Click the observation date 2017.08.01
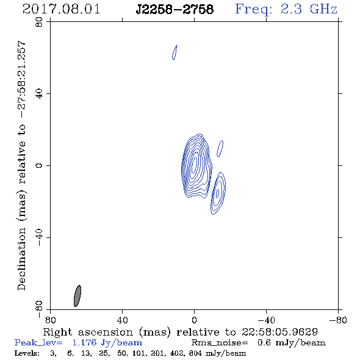click(61, 9)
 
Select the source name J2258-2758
click(175, 9)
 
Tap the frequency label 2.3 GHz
click(309, 9)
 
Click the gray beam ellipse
click(77, 296)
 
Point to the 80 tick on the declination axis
click(39, 22)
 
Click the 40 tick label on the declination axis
click(39, 94)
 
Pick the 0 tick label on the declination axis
click(39, 165)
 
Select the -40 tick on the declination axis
click(39, 237)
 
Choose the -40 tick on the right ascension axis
click(266, 320)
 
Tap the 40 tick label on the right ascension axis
click(122, 320)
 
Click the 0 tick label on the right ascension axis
click(194, 320)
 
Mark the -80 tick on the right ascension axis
click(338, 320)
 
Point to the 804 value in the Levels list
click(195, 353)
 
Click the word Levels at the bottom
click(27, 353)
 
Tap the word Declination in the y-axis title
click(21, 259)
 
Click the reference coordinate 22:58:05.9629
click(279, 332)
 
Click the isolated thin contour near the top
click(175, 52)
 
